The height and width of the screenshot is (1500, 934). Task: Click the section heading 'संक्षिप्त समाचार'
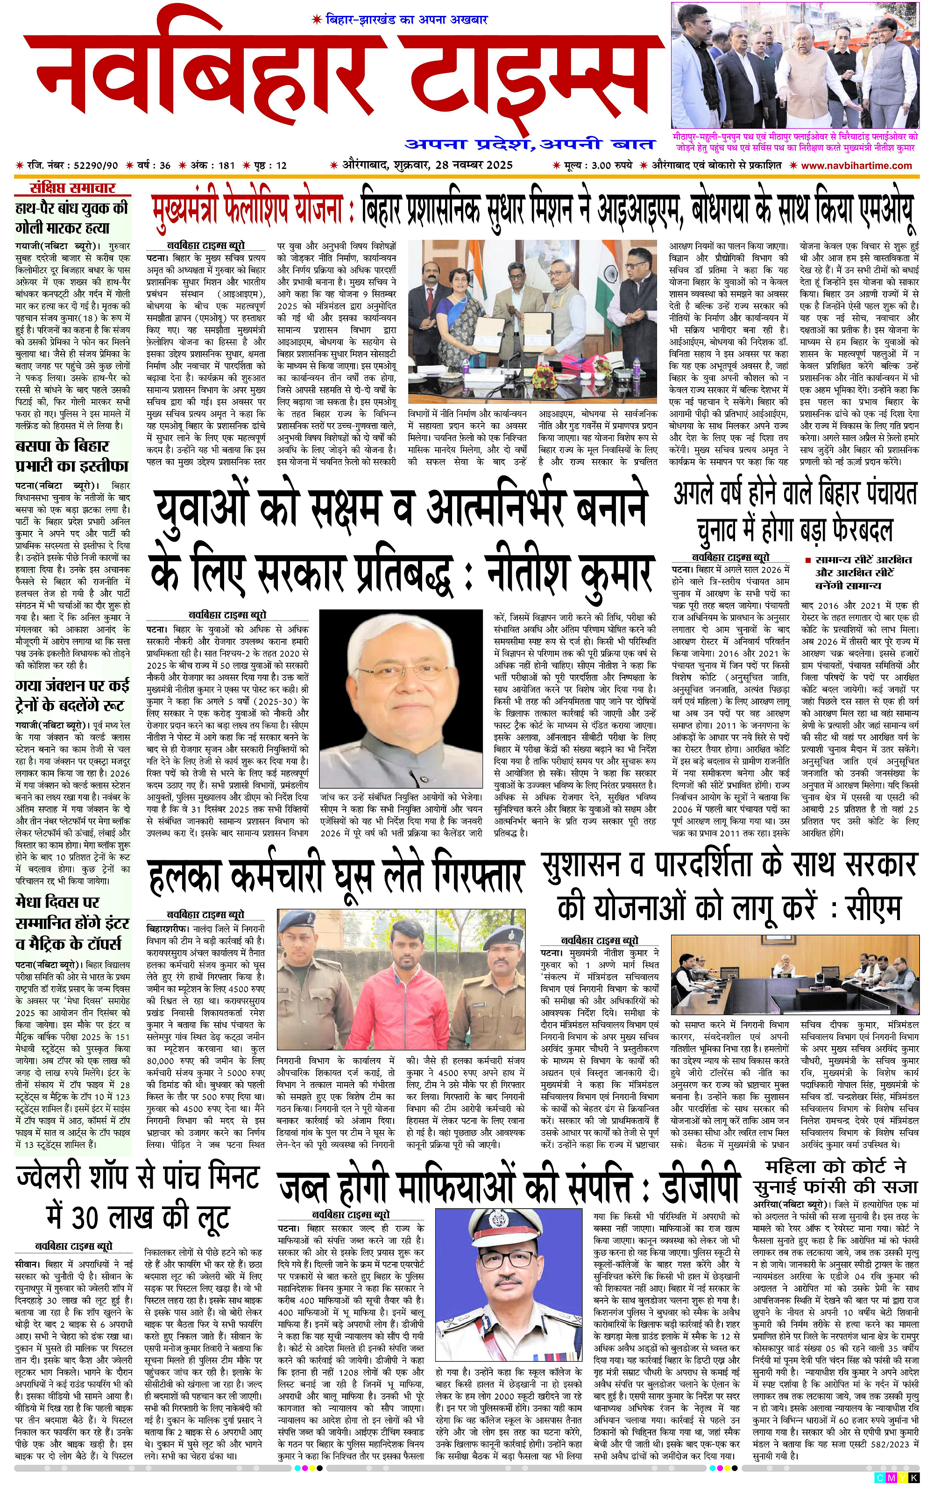73,188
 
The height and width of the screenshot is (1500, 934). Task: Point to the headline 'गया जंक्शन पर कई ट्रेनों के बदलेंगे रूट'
72,695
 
